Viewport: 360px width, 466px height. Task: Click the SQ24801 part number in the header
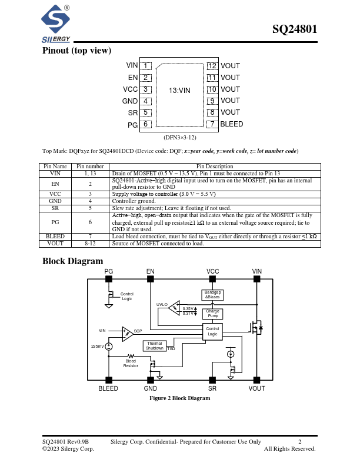click(x=295, y=30)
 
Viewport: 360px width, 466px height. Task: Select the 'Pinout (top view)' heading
click(x=76, y=51)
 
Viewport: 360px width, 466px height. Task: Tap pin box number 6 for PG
click(x=145, y=124)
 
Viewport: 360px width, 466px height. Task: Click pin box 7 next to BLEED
click(x=212, y=124)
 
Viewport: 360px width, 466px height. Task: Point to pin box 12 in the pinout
click(x=212, y=66)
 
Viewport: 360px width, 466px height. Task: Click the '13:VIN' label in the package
click(x=179, y=91)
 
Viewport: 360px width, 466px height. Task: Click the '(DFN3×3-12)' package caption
click(x=179, y=137)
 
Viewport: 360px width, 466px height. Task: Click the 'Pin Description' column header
click(x=215, y=167)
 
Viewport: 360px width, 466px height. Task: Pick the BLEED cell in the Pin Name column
click(x=55, y=236)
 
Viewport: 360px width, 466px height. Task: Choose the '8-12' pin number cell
click(x=90, y=242)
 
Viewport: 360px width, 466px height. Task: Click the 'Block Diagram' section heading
click(x=72, y=261)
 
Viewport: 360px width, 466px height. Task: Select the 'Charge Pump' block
click(x=212, y=314)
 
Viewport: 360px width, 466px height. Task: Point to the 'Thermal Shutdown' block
click(x=155, y=345)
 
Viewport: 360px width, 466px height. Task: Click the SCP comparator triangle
click(x=127, y=334)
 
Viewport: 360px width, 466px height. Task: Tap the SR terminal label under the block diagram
click(x=212, y=388)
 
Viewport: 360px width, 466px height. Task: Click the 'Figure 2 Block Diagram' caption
click(x=179, y=398)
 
